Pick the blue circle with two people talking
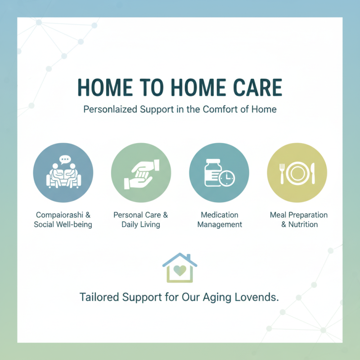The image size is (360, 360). (x=63, y=173)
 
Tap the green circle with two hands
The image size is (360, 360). (x=141, y=173)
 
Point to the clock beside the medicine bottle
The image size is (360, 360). (x=228, y=179)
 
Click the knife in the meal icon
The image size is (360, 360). (x=313, y=173)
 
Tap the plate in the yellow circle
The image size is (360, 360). (x=297, y=173)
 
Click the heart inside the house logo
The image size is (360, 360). (x=180, y=271)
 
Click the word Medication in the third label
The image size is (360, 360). (x=219, y=215)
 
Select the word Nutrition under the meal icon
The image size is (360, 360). (x=303, y=224)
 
